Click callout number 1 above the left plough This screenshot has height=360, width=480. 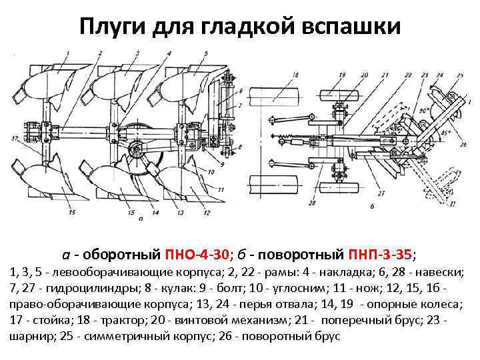67,51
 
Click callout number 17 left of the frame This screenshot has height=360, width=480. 15,138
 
